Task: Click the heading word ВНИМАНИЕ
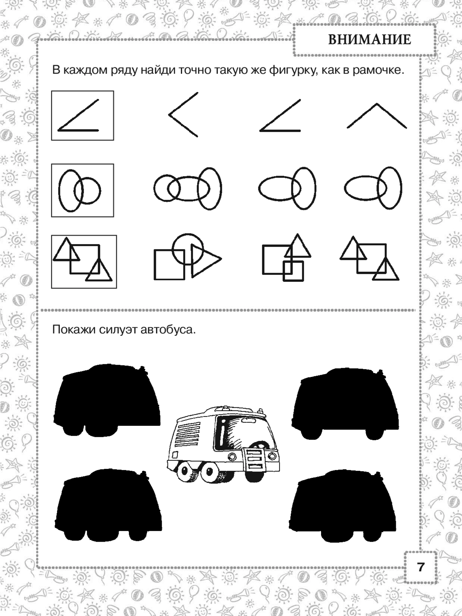coord(370,40)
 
